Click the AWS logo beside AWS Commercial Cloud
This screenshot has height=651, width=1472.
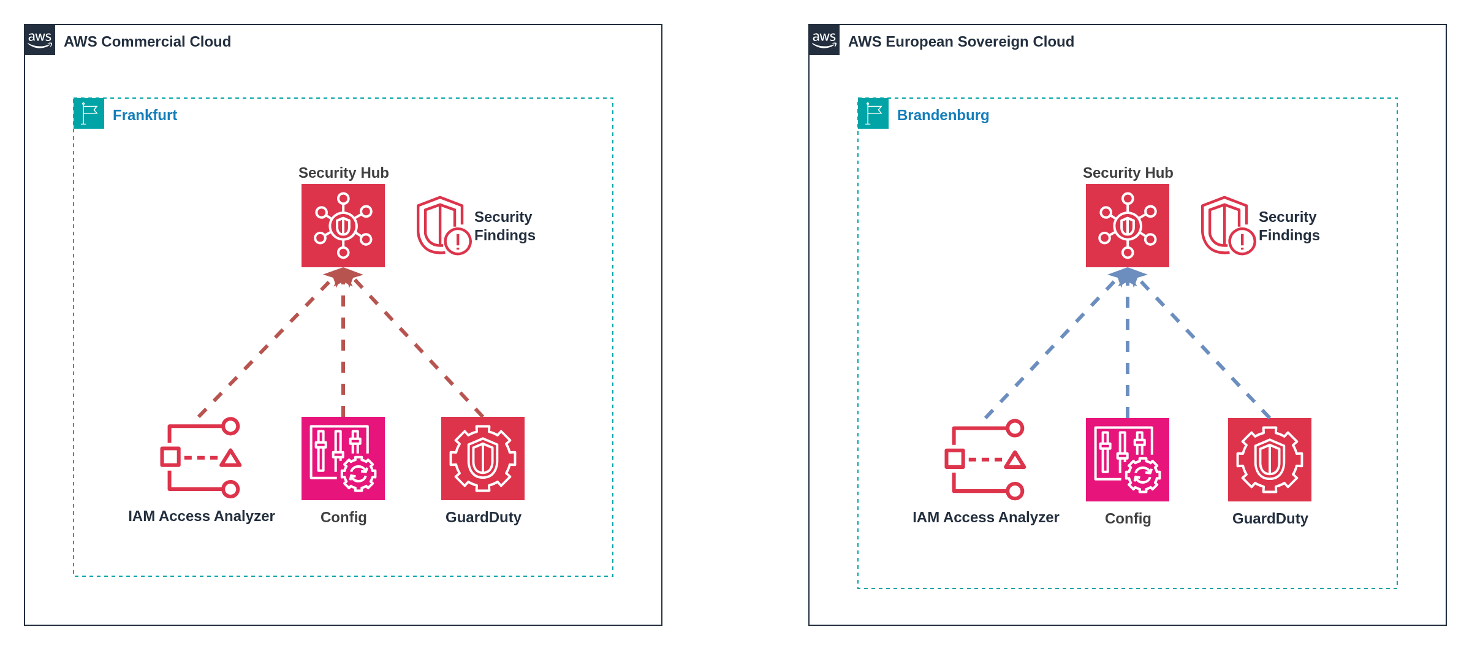click(x=40, y=40)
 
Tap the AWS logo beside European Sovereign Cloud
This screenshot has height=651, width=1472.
click(x=824, y=40)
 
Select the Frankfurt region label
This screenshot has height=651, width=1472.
click(x=145, y=115)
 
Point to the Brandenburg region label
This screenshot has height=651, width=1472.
click(x=943, y=115)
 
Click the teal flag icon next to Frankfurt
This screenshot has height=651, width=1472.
click(x=89, y=113)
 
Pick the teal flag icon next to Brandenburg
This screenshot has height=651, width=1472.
click(x=873, y=113)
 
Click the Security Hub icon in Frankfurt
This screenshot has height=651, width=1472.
click(x=343, y=226)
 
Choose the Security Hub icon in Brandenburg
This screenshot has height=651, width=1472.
click(x=1128, y=226)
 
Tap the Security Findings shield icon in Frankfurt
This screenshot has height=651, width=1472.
click(x=443, y=226)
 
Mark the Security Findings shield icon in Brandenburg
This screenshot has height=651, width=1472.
click(x=1227, y=226)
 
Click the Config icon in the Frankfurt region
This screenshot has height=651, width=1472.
click(x=343, y=459)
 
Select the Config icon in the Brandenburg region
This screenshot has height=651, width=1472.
click(x=1128, y=460)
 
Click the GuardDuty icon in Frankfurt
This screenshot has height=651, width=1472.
click(x=483, y=459)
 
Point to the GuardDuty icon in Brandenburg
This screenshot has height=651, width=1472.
click(x=1270, y=460)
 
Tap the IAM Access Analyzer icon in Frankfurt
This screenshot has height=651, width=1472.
click(x=201, y=458)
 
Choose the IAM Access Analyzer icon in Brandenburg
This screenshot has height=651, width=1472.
click(x=985, y=460)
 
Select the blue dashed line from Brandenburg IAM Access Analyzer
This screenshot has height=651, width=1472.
click(x=1050, y=349)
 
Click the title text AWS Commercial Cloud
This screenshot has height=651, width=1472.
click(x=147, y=42)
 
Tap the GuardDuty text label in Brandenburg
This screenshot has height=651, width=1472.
click(x=1270, y=519)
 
